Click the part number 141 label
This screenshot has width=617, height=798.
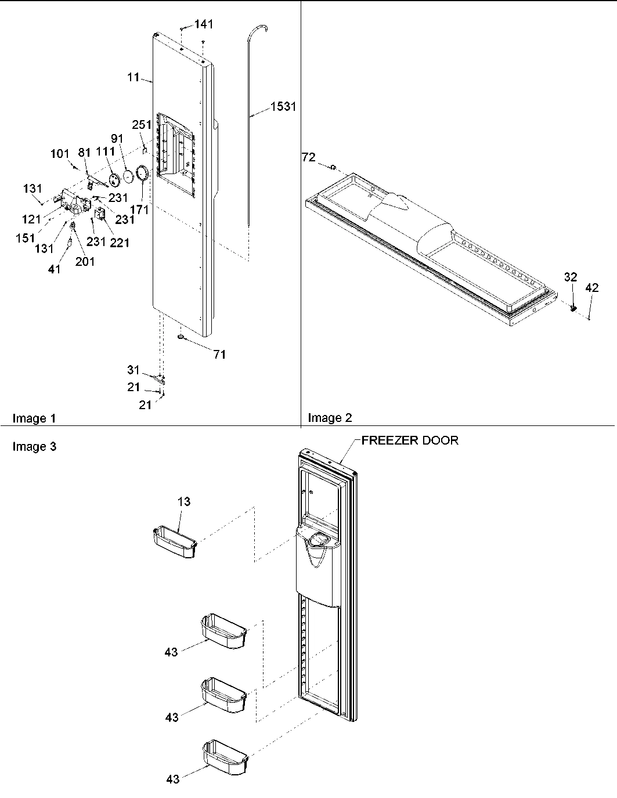(x=204, y=24)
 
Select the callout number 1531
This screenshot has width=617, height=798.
(x=283, y=107)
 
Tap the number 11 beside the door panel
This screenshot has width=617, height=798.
(x=133, y=77)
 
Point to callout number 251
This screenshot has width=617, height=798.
(x=142, y=124)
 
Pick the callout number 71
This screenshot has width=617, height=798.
(x=219, y=355)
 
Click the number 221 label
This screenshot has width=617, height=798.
(x=120, y=243)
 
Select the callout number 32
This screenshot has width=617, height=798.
(x=571, y=277)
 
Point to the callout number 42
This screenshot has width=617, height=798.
(x=591, y=287)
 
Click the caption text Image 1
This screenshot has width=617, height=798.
(x=34, y=418)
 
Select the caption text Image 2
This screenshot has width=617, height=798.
(x=330, y=418)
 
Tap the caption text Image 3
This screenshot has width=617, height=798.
(x=34, y=446)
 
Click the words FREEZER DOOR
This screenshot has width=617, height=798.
(x=410, y=440)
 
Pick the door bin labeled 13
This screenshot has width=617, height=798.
(x=174, y=542)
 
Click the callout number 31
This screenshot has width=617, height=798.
(x=133, y=370)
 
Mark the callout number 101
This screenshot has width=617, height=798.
(x=60, y=154)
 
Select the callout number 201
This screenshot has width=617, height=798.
(x=85, y=261)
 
